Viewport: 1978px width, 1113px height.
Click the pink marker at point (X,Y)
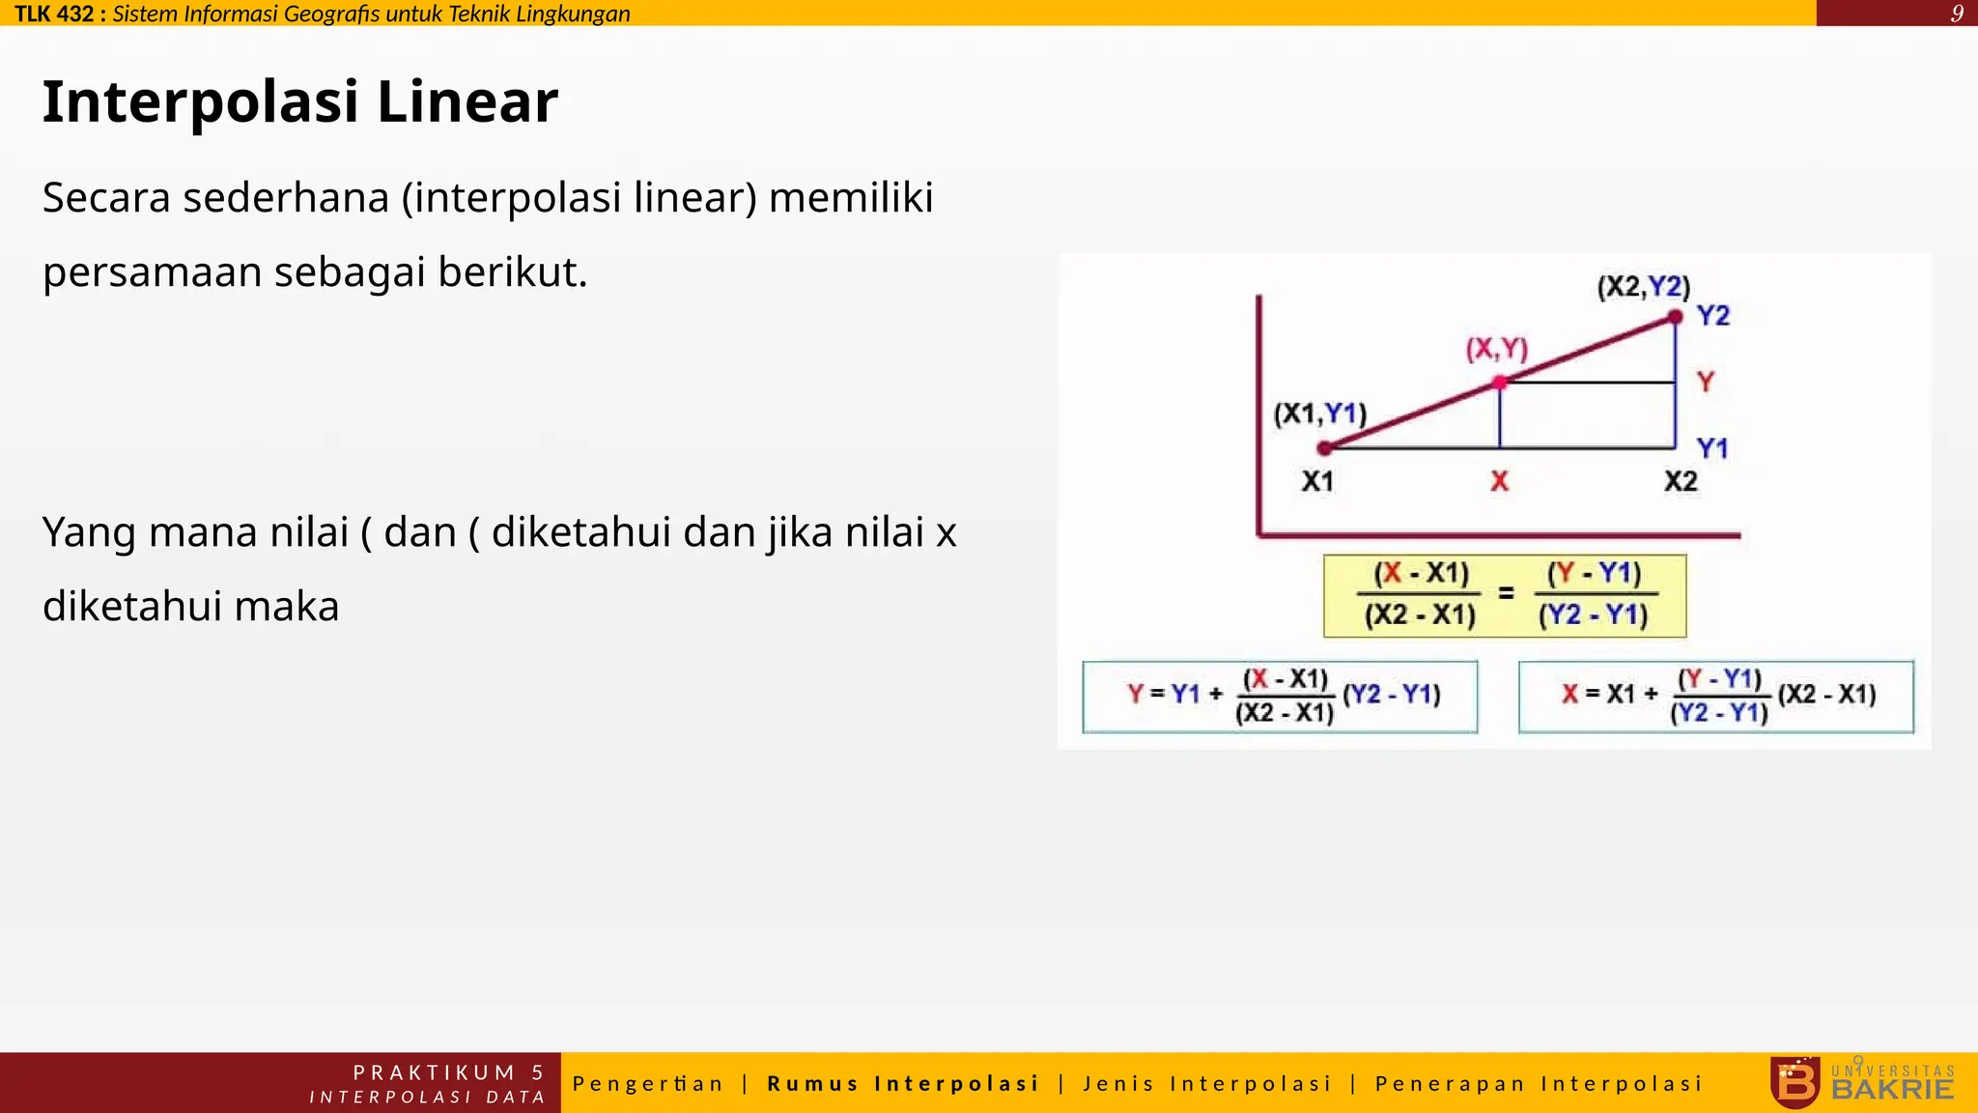[1499, 383]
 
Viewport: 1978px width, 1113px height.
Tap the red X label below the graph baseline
[1499, 481]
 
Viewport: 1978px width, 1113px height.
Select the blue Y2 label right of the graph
[1713, 316]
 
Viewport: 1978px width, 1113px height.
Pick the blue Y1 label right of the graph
[1712, 448]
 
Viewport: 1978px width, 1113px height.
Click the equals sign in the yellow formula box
[1506, 593]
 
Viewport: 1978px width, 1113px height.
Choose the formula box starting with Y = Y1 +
[1280, 697]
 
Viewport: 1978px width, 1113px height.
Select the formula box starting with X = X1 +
[1715, 697]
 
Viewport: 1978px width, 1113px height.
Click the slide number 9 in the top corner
[1957, 14]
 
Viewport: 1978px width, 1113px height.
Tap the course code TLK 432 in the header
[54, 14]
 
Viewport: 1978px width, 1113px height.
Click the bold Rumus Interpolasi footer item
[903, 1083]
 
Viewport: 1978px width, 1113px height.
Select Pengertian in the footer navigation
[648, 1083]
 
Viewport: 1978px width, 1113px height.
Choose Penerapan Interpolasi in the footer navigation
[1539, 1083]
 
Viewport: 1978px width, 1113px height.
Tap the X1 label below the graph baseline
[1317, 481]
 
